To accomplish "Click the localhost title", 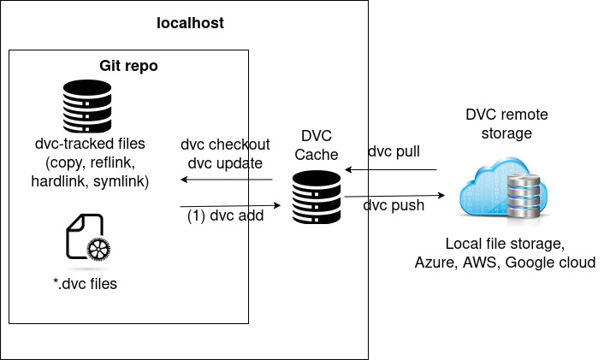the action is [190, 23].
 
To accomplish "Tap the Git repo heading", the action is [128, 66].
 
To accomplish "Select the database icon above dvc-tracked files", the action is [87, 106].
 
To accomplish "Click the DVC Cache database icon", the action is [317, 198].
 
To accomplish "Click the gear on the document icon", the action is [98, 249].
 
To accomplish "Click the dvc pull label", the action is [394, 151].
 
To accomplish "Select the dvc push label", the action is [394, 205].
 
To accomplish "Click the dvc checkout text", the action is [225, 145].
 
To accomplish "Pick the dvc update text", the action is [225, 163].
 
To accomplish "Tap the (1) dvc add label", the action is [225, 215].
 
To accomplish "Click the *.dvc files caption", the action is [86, 284].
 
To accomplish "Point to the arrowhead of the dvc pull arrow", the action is [347, 169].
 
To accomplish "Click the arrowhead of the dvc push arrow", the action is [441, 195].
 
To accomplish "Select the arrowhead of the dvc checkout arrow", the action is [183, 180].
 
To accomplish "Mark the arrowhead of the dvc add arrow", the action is [277, 205].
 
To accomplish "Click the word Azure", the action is [436, 263].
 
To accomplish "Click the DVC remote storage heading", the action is [506, 124].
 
